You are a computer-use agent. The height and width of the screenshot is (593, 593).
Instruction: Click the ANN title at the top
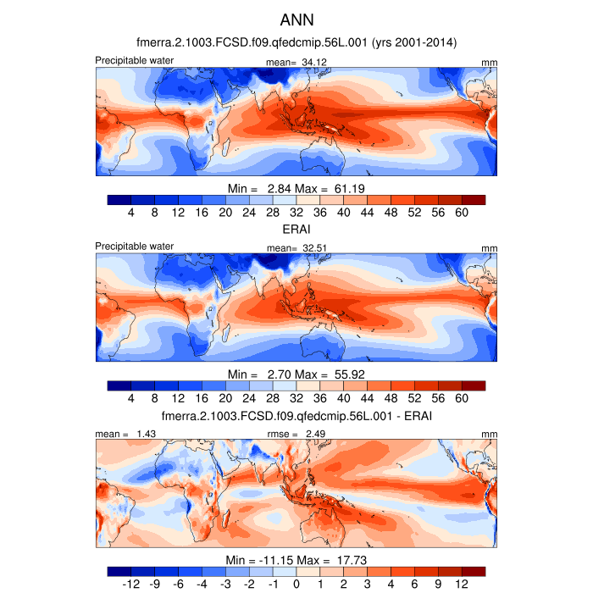click(x=296, y=19)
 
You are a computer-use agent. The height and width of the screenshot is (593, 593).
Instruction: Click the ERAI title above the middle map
click(x=296, y=230)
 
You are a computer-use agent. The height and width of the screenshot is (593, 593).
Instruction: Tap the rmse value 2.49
click(x=314, y=434)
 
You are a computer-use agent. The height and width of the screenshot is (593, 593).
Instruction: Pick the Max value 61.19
click(x=349, y=187)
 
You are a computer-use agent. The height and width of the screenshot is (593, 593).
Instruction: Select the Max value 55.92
click(x=349, y=374)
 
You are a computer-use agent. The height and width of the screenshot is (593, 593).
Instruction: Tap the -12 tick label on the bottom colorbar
click(x=131, y=585)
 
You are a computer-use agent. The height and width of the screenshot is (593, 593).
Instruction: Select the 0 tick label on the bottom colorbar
click(x=296, y=585)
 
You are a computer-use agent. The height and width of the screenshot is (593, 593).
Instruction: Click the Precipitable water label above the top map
click(x=135, y=60)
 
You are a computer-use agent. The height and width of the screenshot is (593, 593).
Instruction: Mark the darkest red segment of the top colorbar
click(x=473, y=199)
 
